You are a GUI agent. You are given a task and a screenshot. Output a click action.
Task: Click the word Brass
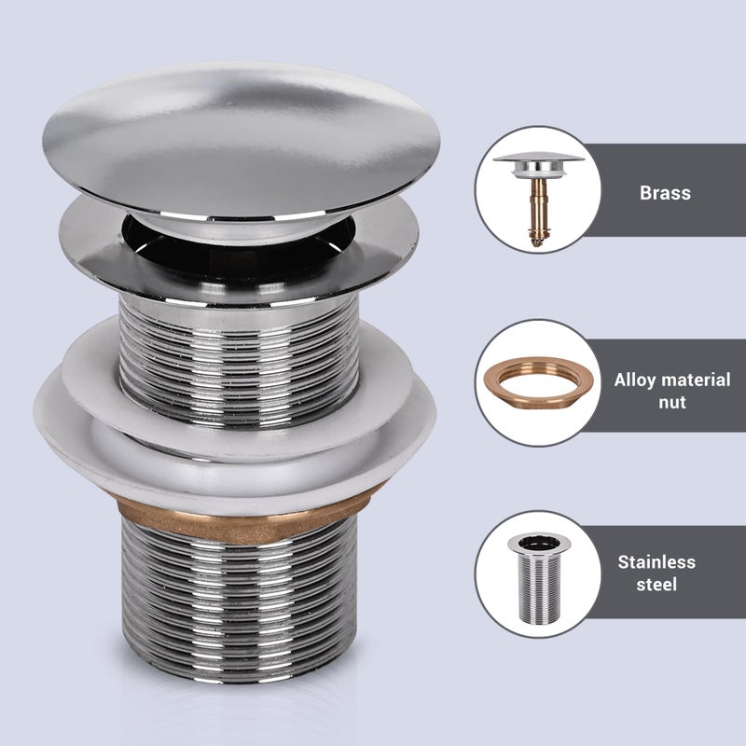tap(665, 193)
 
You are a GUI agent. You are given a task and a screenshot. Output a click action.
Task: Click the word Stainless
tap(656, 562)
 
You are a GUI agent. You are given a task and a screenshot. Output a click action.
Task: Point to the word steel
tap(656, 586)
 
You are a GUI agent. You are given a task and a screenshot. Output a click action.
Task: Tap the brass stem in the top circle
tap(537, 210)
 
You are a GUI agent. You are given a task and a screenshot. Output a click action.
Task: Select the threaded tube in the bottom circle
tap(534, 573)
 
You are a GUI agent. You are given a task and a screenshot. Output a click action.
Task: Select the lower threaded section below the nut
tap(240, 597)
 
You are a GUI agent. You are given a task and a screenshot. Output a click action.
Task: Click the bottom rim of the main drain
tap(240, 671)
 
